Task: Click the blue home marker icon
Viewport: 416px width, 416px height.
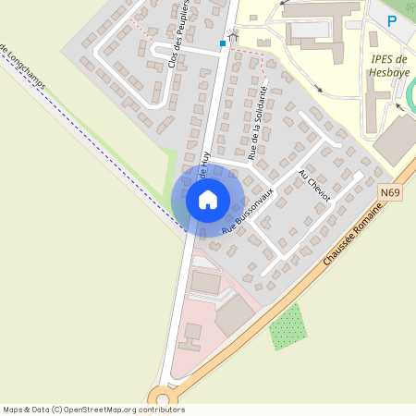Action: click(x=208, y=200)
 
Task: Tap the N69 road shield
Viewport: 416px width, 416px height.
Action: click(x=390, y=192)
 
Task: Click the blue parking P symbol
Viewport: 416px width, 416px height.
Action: click(x=392, y=20)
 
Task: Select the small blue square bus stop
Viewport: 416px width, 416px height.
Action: click(x=222, y=43)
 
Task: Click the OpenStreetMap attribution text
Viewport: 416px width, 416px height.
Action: click(x=92, y=410)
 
